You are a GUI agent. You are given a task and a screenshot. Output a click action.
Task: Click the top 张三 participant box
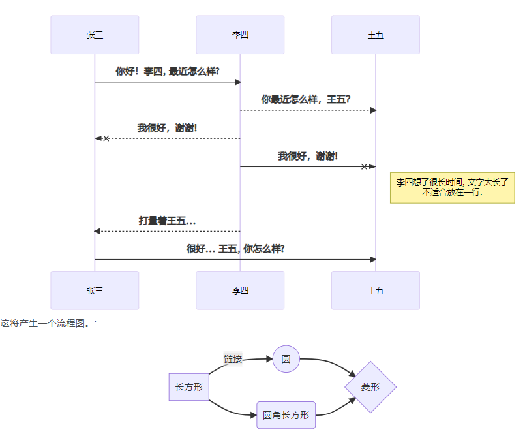tap(95, 35)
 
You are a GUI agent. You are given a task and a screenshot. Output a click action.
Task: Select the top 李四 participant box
tap(240, 35)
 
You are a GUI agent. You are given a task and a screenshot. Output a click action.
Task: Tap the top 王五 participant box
tap(376, 35)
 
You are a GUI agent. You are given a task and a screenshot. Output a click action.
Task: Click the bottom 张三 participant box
tap(95, 290)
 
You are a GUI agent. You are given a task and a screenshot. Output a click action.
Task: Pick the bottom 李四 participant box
tap(240, 290)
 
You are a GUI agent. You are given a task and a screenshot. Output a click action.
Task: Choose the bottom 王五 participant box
tap(376, 290)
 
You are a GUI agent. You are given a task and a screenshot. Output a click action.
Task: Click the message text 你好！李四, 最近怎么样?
tap(168, 71)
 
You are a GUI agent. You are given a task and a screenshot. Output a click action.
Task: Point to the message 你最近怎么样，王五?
tap(306, 99)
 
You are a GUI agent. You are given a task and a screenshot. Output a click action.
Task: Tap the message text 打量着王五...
tap(167, 221)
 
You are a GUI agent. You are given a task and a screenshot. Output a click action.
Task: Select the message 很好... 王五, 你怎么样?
tap(235, 249)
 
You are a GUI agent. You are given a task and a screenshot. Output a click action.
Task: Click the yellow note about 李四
tap(452, 187)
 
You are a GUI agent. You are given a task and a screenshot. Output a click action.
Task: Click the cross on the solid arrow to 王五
tap(365, 166)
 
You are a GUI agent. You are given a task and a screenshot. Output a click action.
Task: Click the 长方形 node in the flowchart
tap(188, 387)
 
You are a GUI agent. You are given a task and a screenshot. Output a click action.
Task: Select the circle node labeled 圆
tap(286, 359)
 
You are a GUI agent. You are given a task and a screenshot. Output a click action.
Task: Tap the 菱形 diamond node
tap(370, 387)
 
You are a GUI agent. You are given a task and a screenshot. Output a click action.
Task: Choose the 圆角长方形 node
tap(286, 415)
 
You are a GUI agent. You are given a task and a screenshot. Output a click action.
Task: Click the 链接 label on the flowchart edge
tap(233, 359)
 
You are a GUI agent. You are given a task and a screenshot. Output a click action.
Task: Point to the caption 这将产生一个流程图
tap(48, 323)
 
